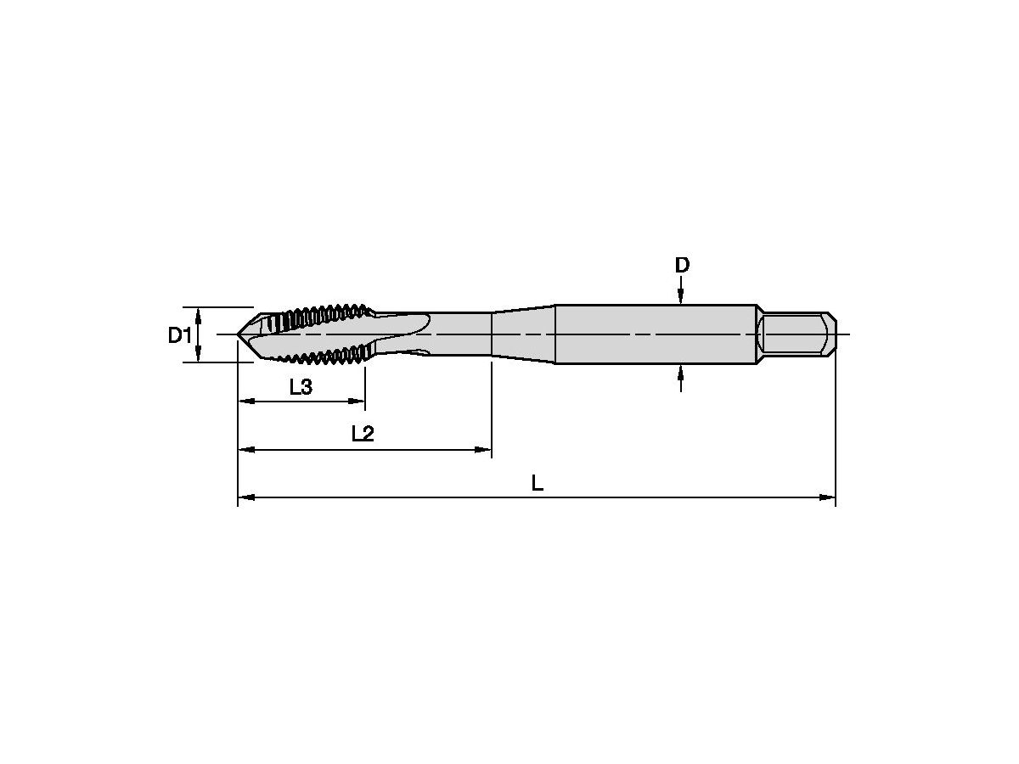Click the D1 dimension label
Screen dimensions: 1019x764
coord(180,335)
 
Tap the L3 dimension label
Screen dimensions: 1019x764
coord(301,386)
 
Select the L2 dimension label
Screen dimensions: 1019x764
coord(363,434)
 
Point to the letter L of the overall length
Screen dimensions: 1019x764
coord(538,483)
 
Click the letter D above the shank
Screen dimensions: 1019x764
coord(682,266)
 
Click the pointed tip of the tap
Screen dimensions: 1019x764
coord(237,334)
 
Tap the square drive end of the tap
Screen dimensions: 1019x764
coord(797,334)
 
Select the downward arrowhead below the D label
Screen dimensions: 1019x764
coord(680,297)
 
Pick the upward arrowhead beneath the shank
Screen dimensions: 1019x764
coord(680,372)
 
